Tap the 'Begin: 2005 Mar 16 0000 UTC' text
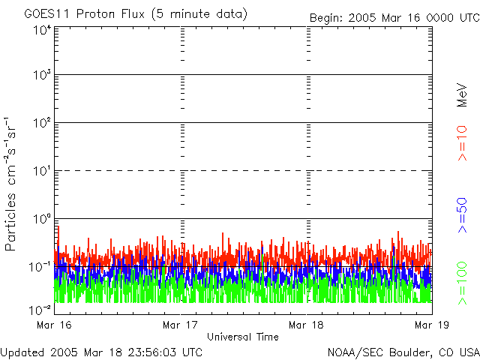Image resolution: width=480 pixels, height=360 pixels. pyautogui.click(x=393, y=17)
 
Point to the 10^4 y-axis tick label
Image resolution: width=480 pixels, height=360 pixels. pyautogui.click(x=42, y=30)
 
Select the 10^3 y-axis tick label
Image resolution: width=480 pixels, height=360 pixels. pyautogui.click(x=42, y=76)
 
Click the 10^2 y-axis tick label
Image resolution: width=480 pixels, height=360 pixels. pyautogui.click(x=42, y=124)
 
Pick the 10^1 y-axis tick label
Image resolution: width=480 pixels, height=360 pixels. pyautogui.click(x=42, y=172)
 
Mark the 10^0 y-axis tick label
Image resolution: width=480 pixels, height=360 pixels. pyautogui.click(x=42, y=220)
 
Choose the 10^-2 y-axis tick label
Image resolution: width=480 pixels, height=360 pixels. pyautogui.click(x=40, y=310)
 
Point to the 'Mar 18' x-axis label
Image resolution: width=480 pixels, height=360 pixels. pyautogui.click(x=305, y=325)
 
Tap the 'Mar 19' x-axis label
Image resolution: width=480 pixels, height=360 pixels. pyautogui.click(x=430, y=325)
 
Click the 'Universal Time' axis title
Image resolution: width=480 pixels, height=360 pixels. pyautogui.click(x=243, y=337)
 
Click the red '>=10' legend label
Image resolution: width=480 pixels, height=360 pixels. pyautogui.click(x=463, y=143)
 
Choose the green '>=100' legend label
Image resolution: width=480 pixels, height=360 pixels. pyautogui.click(x=463, y=282)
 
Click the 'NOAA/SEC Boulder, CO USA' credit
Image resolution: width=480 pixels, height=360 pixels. pyautogui.click(x=403, y=352)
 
